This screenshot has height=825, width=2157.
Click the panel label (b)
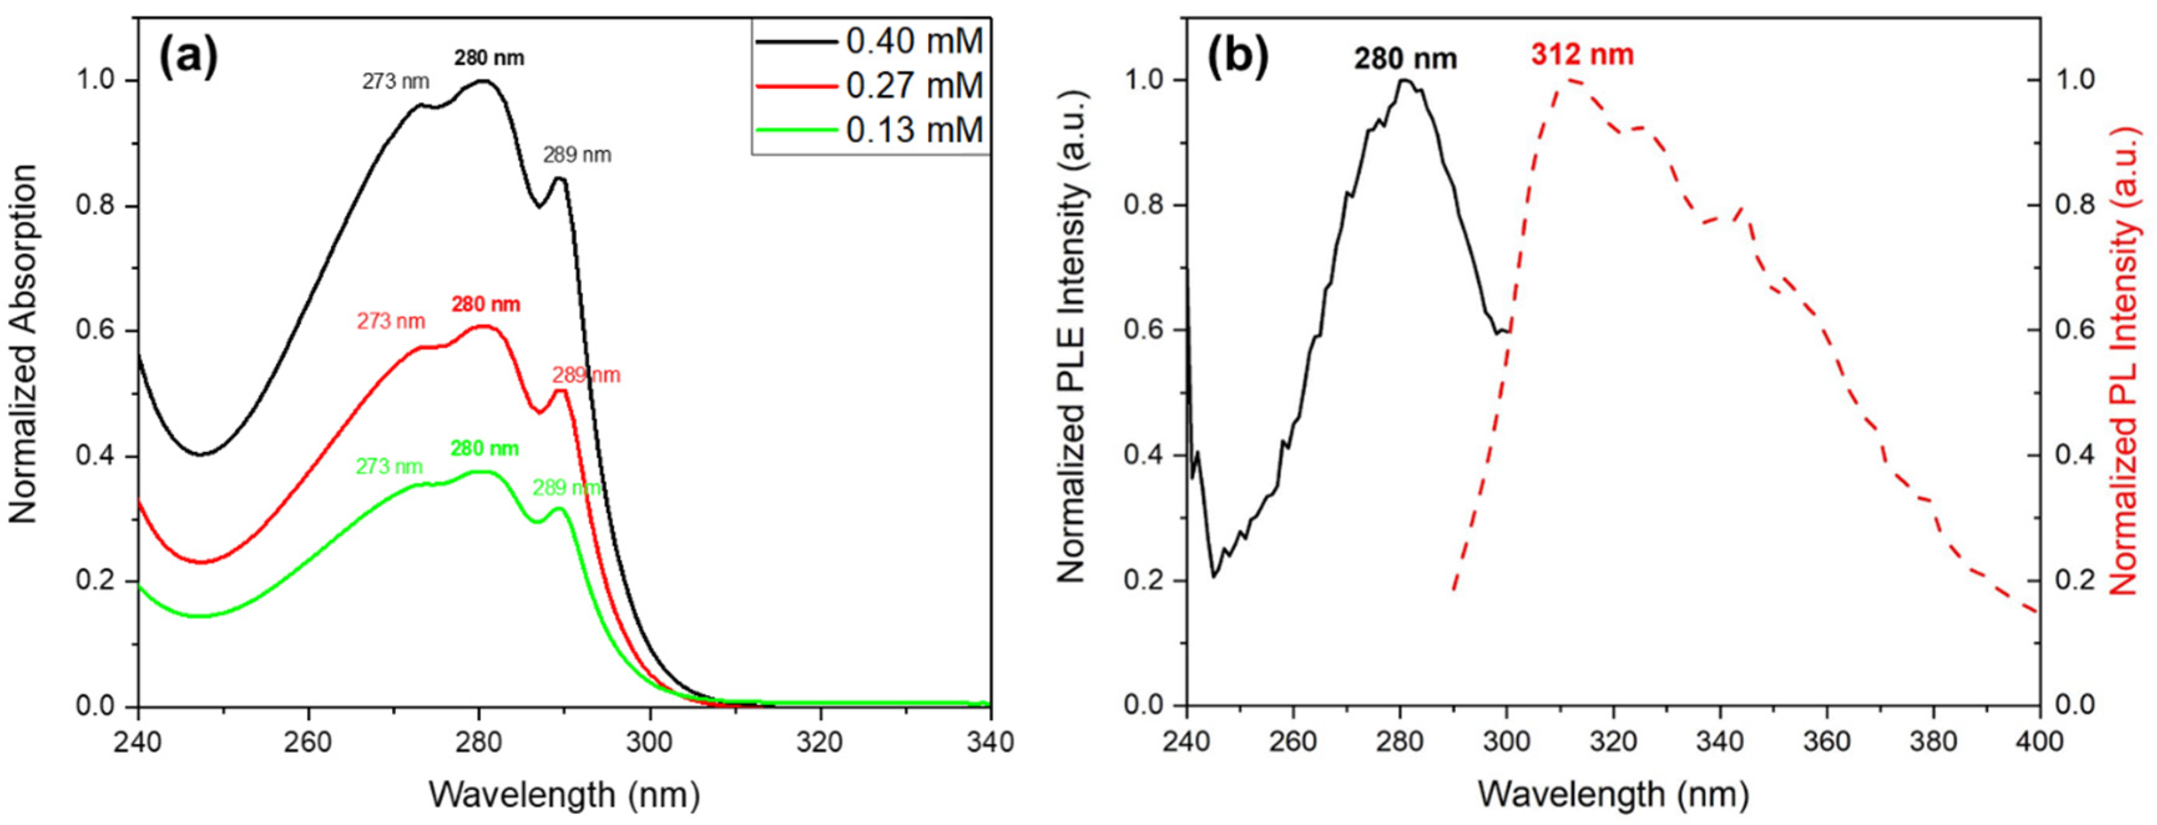point(1236,57)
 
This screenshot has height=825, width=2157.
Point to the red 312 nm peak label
point(1582,55)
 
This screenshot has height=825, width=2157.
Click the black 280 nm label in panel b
point(1406,59)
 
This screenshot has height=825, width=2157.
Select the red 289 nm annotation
point(585,375)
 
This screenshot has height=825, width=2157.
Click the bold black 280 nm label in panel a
point(489,58)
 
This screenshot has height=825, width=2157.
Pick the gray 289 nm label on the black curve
point(577,155)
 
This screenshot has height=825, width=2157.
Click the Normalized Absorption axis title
point(25,344)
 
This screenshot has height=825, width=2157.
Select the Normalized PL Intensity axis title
point(2123,361)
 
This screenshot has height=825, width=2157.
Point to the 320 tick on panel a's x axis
point(819,741)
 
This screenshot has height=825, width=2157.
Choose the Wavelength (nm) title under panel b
point(1613,793)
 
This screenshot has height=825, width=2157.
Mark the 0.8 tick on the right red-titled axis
point(2077,205)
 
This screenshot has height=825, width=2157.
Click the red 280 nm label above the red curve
point(485,304)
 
